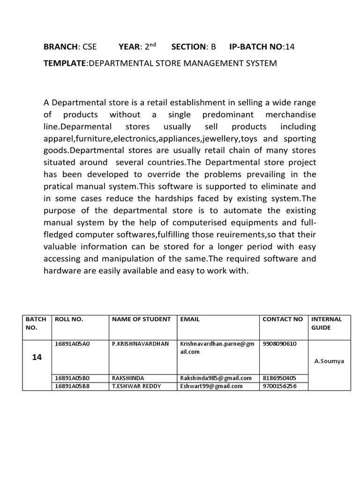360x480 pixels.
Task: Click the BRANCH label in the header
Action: (60, 46)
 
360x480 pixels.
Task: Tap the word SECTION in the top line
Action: (188, 46)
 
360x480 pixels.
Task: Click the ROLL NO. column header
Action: (69, 319)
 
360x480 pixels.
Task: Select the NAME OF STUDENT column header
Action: (141, 319)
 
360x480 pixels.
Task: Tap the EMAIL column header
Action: (189, 319)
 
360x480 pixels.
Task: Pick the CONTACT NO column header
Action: (283, 319)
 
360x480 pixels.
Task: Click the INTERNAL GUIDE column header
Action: (326, 323)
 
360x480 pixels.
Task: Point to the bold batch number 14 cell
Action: (37, 357)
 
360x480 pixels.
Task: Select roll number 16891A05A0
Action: (72, 344)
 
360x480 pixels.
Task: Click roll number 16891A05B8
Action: (72, 386)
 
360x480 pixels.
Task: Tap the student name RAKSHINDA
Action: (128, 378)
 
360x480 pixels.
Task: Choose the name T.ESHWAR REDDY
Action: (135, 386)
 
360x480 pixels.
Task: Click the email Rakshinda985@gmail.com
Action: (216, 378)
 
